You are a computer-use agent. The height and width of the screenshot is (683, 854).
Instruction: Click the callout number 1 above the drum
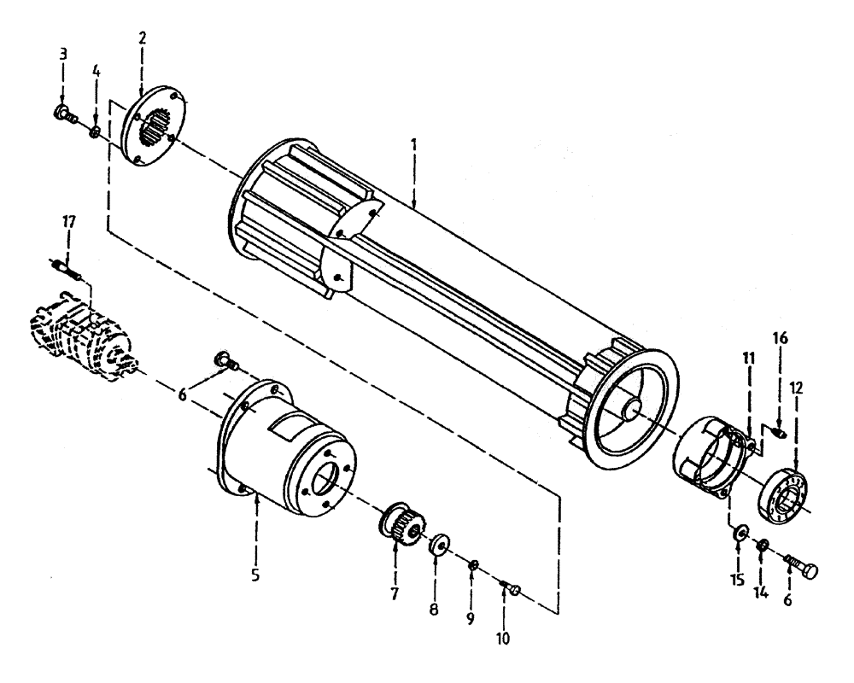[413, 144]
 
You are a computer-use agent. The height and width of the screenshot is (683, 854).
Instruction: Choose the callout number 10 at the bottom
[505, 637]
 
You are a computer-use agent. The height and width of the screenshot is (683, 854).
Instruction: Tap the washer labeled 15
[738, 534]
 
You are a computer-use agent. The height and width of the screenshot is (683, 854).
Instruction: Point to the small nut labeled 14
[763, 546]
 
